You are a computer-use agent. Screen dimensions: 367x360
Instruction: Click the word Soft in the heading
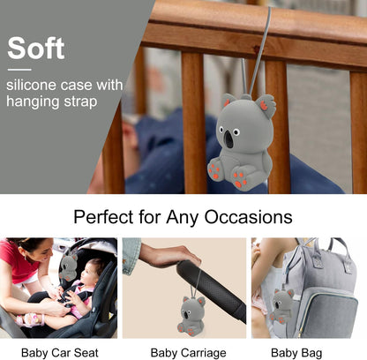click(36, 48)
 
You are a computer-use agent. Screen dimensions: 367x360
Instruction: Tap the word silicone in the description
click(31, 85)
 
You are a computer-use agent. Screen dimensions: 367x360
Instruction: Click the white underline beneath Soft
click(19, 70)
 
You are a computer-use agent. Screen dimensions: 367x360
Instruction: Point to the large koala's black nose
click(228, 139)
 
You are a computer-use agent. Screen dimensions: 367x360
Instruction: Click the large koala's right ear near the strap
click(265, 105)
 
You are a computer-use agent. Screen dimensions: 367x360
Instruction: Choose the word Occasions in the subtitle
click(248, 217)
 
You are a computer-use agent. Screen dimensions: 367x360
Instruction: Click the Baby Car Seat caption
click(60, 352)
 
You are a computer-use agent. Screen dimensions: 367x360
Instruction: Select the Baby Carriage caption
click(188, 353)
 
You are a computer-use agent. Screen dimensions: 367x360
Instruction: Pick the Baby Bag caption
click(296, 353)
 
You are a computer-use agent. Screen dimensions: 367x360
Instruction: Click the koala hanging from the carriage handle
click(191, 316)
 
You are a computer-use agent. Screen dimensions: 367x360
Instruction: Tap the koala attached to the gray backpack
click(281, 305)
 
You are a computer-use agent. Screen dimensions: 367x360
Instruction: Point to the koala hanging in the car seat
click(68, 266)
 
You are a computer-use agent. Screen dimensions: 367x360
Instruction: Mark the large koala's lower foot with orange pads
click(240, 178)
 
